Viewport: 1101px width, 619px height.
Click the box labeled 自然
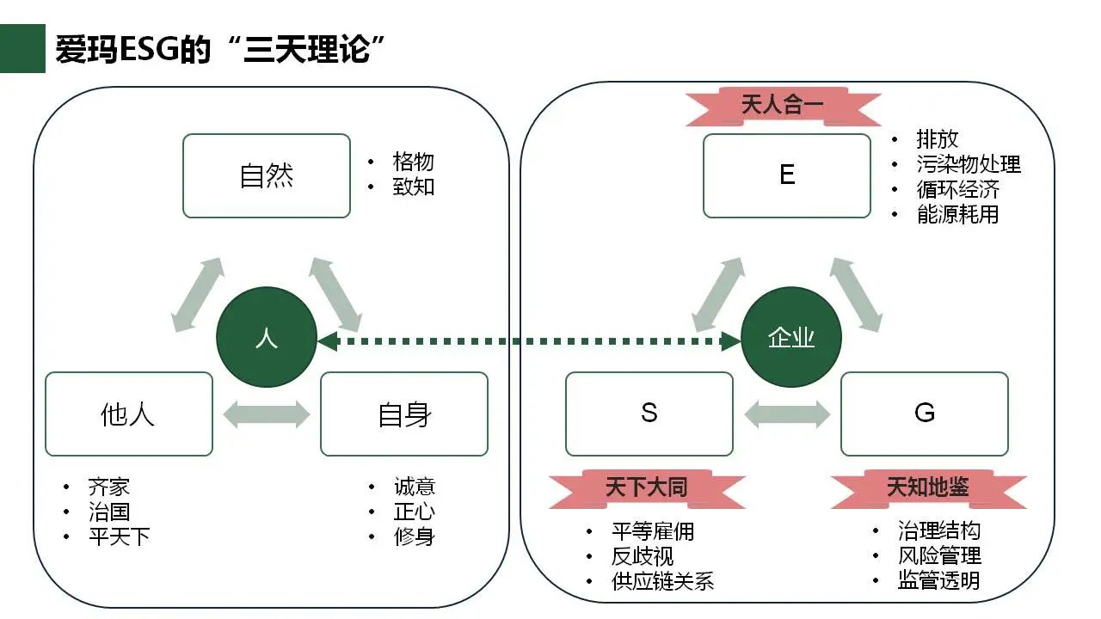pos(267,175)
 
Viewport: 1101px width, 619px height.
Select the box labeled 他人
pos(129,414)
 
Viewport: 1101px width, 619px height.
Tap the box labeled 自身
pos(404,414)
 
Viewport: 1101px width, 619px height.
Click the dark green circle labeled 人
pos(267,337)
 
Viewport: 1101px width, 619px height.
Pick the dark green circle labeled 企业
pos(791,337)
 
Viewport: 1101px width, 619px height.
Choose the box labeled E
pos(787,175)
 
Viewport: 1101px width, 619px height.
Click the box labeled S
pos(649,414)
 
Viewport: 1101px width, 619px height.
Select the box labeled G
pos(925,414)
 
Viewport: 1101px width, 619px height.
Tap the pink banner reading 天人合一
pos(783,106)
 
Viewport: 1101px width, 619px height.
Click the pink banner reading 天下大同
pos(647,487)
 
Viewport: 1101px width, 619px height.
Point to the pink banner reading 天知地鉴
pos(928,487)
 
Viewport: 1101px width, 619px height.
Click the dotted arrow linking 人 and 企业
pos(529,341)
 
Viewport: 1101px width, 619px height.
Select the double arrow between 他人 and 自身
pos(267,414)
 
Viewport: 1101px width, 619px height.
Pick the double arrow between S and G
pos(787,414)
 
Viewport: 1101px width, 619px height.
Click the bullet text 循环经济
pos(957,189)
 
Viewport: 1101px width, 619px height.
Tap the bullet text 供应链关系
pos(662,581)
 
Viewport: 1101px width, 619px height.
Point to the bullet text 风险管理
pos(939,555)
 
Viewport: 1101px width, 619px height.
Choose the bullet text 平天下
pos(119,537)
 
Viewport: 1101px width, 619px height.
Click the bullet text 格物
pos(413,162)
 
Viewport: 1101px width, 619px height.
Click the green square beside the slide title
pos(22,49)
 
